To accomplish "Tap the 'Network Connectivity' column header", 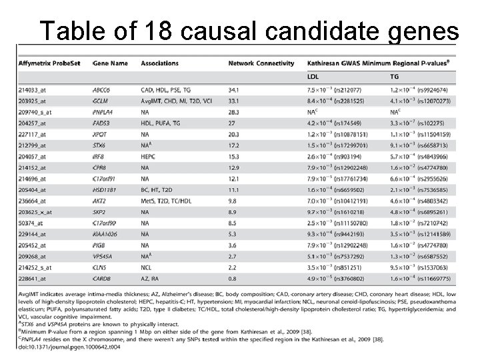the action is (261, 63).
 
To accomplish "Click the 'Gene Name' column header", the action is (110, 63).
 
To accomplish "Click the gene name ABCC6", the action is (103, 89).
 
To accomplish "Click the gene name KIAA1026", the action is (106, 235).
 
